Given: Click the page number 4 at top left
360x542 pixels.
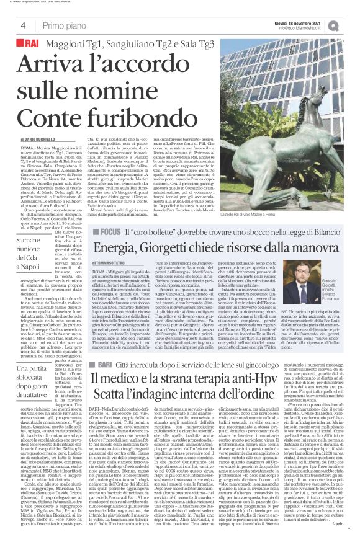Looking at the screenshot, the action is [x=23, y=25].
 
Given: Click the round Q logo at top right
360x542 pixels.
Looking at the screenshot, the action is [x=351, y=24].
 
